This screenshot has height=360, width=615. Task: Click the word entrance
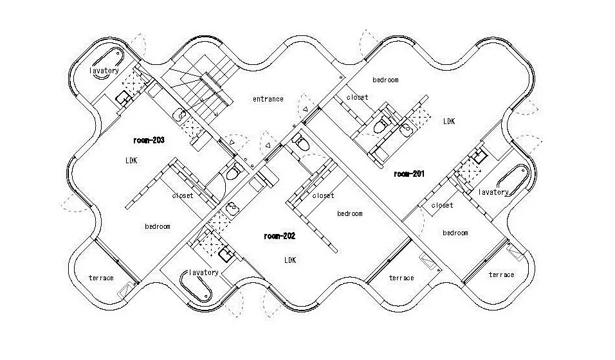click(268, 99)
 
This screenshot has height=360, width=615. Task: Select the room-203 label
click(149, 139)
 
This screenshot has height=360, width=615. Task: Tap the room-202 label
click(279, 236)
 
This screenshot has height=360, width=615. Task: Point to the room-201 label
click(410, 174)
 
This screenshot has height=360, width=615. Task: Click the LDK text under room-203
click(132, 160)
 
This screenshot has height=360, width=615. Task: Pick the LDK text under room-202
click(289, 260)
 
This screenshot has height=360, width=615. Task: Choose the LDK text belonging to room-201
click(448, 120)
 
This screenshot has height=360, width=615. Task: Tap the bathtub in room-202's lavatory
click(195, 289)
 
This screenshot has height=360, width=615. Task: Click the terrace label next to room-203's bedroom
click(101, 278)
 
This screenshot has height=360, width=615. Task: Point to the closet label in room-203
click(183, 195)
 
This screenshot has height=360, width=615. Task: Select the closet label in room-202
click(323, 195)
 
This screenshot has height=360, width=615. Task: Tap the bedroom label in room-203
click(157, 226)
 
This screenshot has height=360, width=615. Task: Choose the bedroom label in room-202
click(350, 213)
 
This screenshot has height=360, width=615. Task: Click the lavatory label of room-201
click(494, 192)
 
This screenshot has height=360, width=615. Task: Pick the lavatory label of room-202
click(204, 272)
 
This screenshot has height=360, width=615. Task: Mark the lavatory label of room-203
click(104, 71)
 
